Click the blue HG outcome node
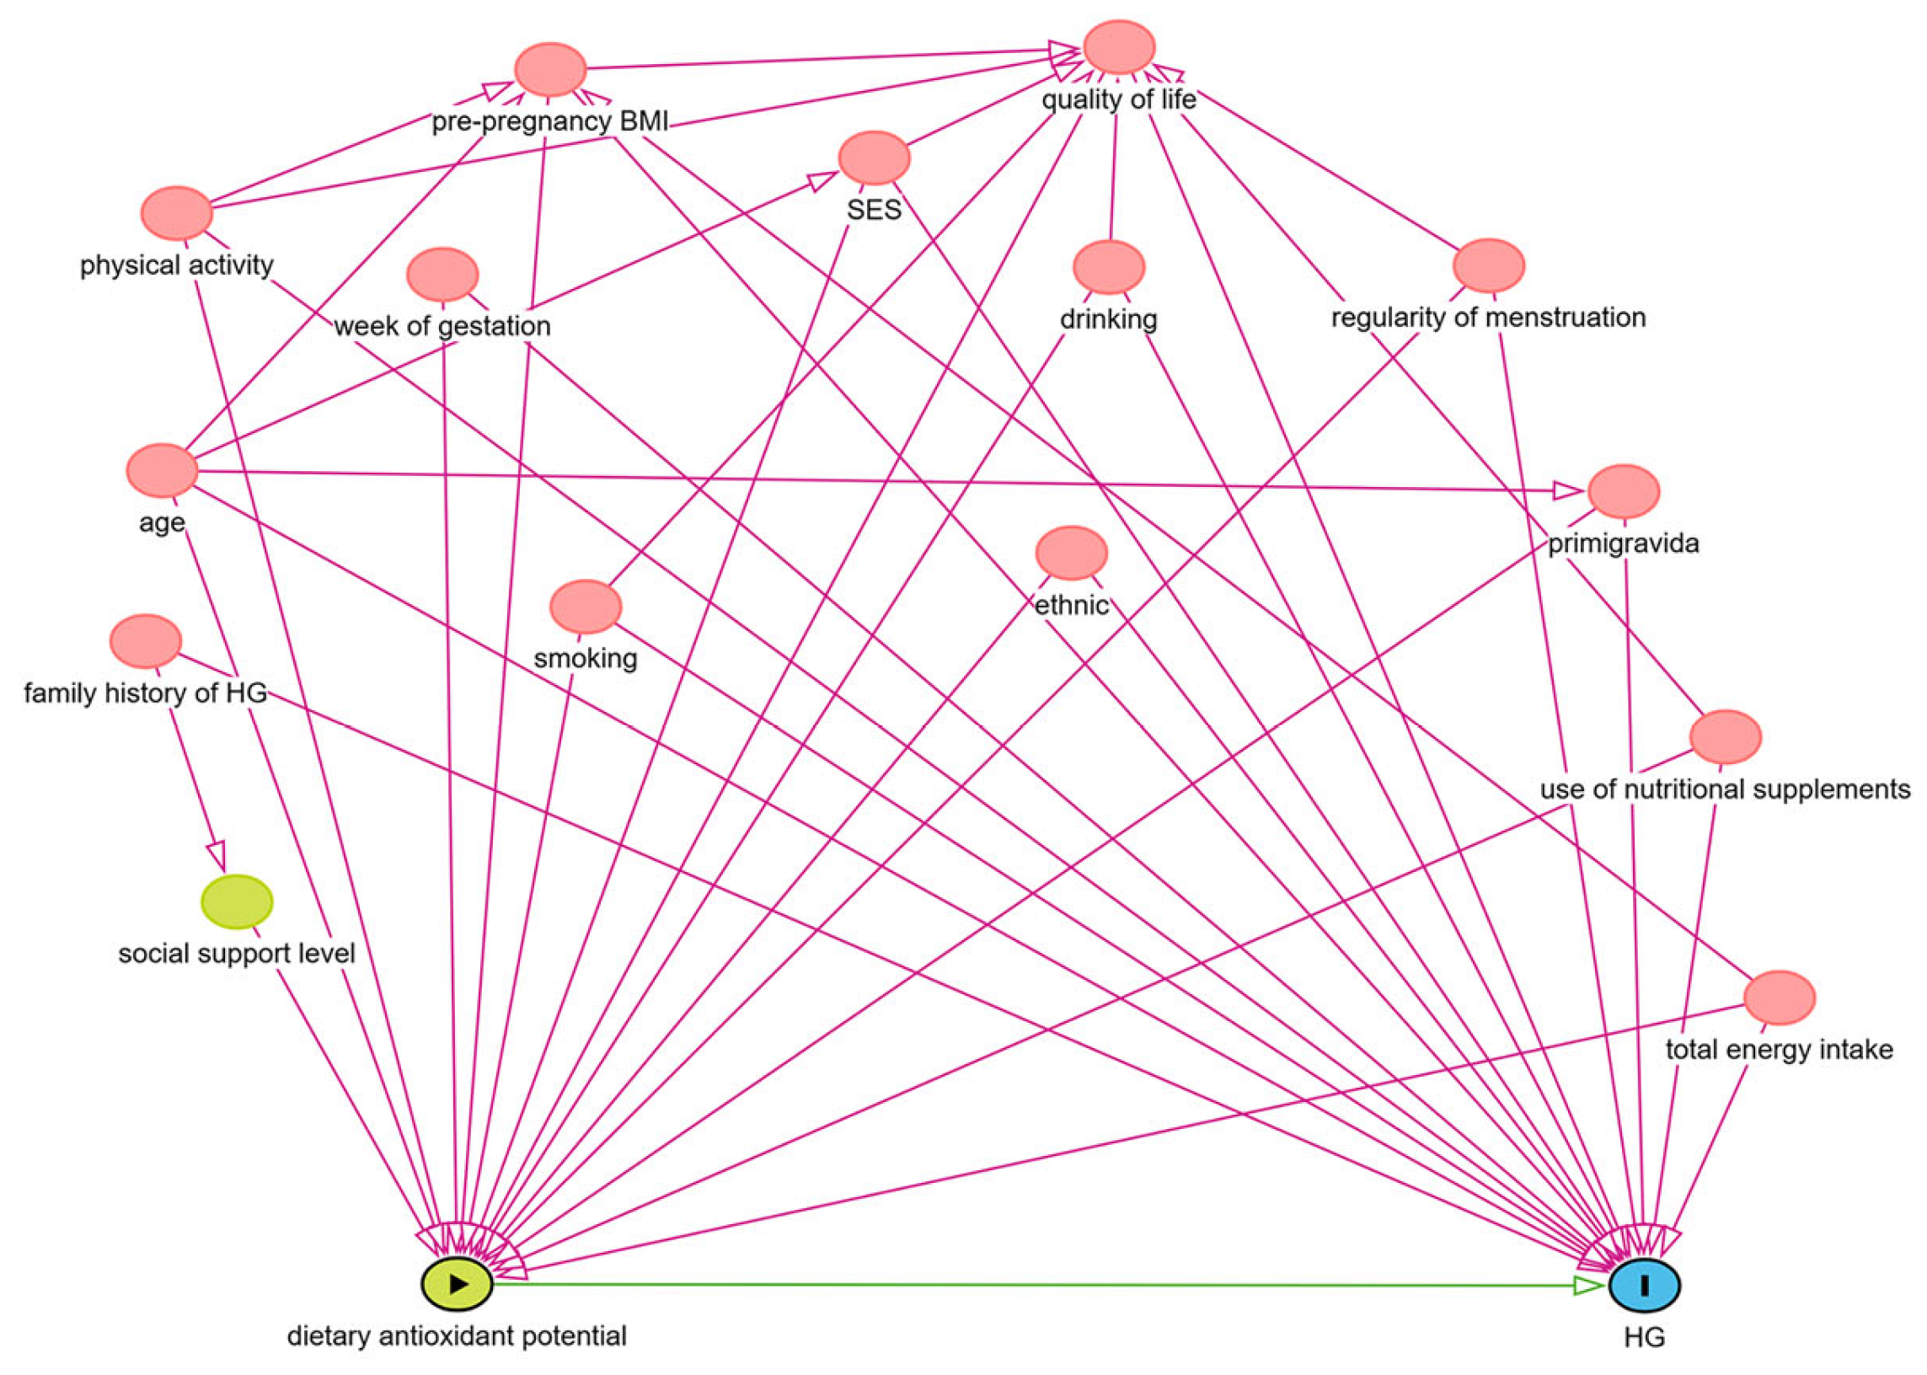click(1643, 1284)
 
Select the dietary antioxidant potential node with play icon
click(458, 1282)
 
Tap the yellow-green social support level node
click(237, 902)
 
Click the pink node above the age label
click(162, 470)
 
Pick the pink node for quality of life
click(1119, 47)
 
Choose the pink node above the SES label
click(874, 158)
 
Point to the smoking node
click(585, 607)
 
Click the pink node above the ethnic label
click(1071, 553)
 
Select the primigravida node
click(1623, 491)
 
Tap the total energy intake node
click(1779, 998)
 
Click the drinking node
click(1108, 267)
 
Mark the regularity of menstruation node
click(1488, 265)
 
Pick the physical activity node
click(176, 213)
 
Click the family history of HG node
click(146, 641)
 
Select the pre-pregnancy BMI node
click(550, 69)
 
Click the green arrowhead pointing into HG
click(1588, 1285)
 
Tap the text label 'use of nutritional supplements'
click(1725, 789)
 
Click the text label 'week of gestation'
click(442, 326)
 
